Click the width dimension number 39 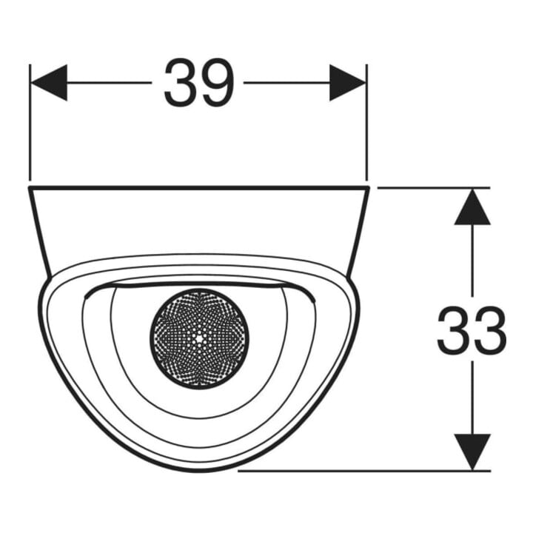(x=199, y=83)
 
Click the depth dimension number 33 (x=472, y=330)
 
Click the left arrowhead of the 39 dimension (x=49, y=83)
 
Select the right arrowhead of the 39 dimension (x=347, y=83)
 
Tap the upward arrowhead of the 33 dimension (x=472, y=207)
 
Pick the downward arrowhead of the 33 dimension (x=472, y=452)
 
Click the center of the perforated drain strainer (x=199, y=338)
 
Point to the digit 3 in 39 (x=180, y=83)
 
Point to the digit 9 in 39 (x=218, y=83)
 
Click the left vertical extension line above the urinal (x=30, y=122)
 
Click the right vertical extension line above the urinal (x=366, y=122)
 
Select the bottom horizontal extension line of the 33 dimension (x=363, y=471)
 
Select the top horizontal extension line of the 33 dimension (x=434, y=187)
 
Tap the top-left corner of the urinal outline (x=29, y=187)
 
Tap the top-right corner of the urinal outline (x=369, y=187)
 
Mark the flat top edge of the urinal (x=199, y=187)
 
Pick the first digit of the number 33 (x=453, y=330)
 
